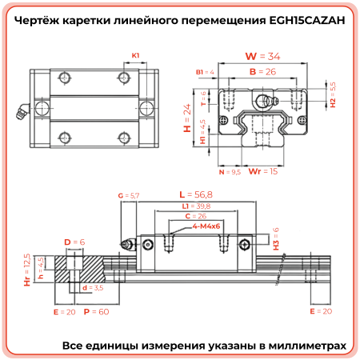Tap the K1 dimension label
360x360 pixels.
pos(136,55)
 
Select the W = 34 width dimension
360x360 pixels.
pos(262,56)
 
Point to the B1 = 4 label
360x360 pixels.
pos(206,72)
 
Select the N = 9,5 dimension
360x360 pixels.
pos(230,171)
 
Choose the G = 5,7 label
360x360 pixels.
pos(129,195)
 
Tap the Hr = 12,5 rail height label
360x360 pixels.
pos(26,270)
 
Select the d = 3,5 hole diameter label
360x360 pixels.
pos(93,287)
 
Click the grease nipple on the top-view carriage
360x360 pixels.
pos(18,112)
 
